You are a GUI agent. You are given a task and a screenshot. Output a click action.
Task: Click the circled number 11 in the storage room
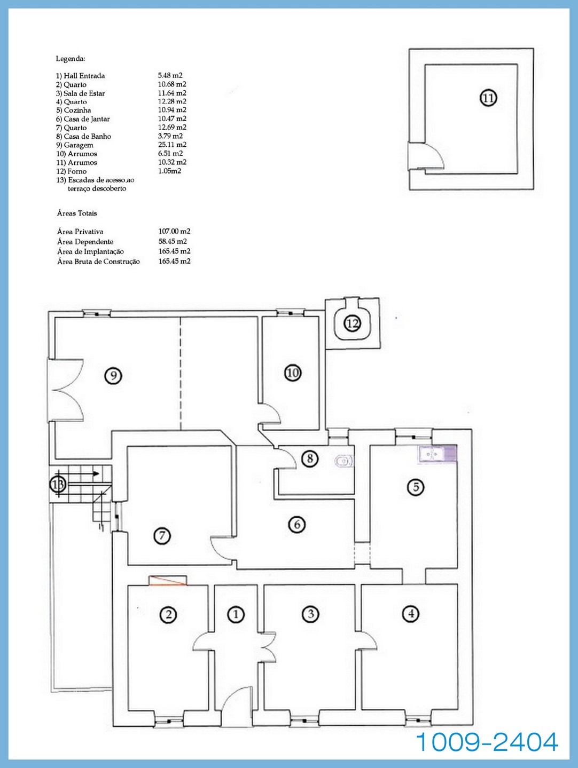tap(488, 98)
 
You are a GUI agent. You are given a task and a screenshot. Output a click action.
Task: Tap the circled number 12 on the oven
tap(352, 322)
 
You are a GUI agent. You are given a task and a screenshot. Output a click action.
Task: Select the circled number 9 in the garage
tap(113, 376)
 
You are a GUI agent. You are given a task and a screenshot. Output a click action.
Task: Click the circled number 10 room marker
tap(292, 373)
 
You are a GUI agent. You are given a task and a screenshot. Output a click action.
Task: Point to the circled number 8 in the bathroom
tap(309, 458)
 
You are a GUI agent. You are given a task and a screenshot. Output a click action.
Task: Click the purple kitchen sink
tap(437, 454)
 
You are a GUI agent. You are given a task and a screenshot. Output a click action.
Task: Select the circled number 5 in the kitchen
tap(415, 487)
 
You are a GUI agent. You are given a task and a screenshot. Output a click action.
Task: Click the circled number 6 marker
tap(297, 525)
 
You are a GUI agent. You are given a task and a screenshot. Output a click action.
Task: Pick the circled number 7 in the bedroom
tap(162, 535)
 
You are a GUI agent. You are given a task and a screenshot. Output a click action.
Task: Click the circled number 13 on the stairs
tap(58, 485)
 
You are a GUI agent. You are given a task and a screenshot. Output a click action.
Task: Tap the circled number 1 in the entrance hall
tap(236, 614)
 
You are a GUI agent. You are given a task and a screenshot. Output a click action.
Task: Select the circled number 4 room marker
tap(410, 614)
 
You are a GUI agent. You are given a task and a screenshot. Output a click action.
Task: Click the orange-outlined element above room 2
tap(168, 581)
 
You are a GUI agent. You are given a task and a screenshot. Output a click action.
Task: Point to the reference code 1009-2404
tap(487, 742)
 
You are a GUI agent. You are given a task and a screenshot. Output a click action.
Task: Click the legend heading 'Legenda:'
tap(71, 59)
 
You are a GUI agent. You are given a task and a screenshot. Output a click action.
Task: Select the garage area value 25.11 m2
tap(172, 145)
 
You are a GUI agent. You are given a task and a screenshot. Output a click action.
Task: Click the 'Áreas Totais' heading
tap(77, 213)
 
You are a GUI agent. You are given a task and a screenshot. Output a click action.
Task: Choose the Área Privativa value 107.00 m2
tap(174, 231)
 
